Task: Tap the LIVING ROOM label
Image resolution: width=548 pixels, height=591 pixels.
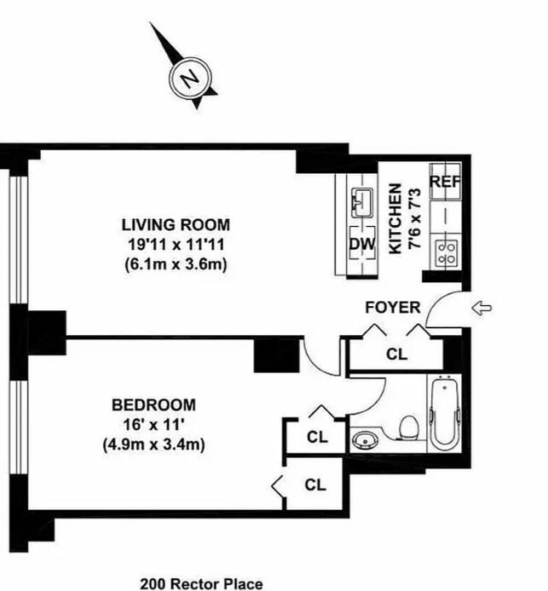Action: [x=176, y=225]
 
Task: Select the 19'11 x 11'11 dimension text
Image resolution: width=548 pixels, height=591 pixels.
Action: [x=176, y=245]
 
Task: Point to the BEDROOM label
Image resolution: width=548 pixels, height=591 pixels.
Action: [x=153, y=405]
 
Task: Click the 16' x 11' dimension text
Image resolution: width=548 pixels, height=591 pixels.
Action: [x=153, y=425]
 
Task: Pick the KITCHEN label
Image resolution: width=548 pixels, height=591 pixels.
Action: [x=395, y=218]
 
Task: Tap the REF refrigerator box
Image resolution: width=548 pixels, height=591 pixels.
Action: [x=445, y=182]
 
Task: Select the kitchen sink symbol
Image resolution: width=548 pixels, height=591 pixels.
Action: [x=361, y=203]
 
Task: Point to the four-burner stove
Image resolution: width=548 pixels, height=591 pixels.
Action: [x=445, y=251]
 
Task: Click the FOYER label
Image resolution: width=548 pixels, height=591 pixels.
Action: [x=388, y=307]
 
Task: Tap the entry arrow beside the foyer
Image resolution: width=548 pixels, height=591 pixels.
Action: [x=482, y=308]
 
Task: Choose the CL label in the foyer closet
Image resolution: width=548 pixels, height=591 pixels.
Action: [x=396, y=352]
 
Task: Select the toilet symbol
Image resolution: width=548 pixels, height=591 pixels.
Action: [x=408, y=424]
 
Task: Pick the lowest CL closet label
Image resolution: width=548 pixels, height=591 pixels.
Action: [x=315, y=484]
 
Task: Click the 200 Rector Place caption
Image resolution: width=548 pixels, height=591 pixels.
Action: [x=201, y=583]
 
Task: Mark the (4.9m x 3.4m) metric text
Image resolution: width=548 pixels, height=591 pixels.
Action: [x=153, y=444]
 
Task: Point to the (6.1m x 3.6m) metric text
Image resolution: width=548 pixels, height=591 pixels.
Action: [x=176, y=264]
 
